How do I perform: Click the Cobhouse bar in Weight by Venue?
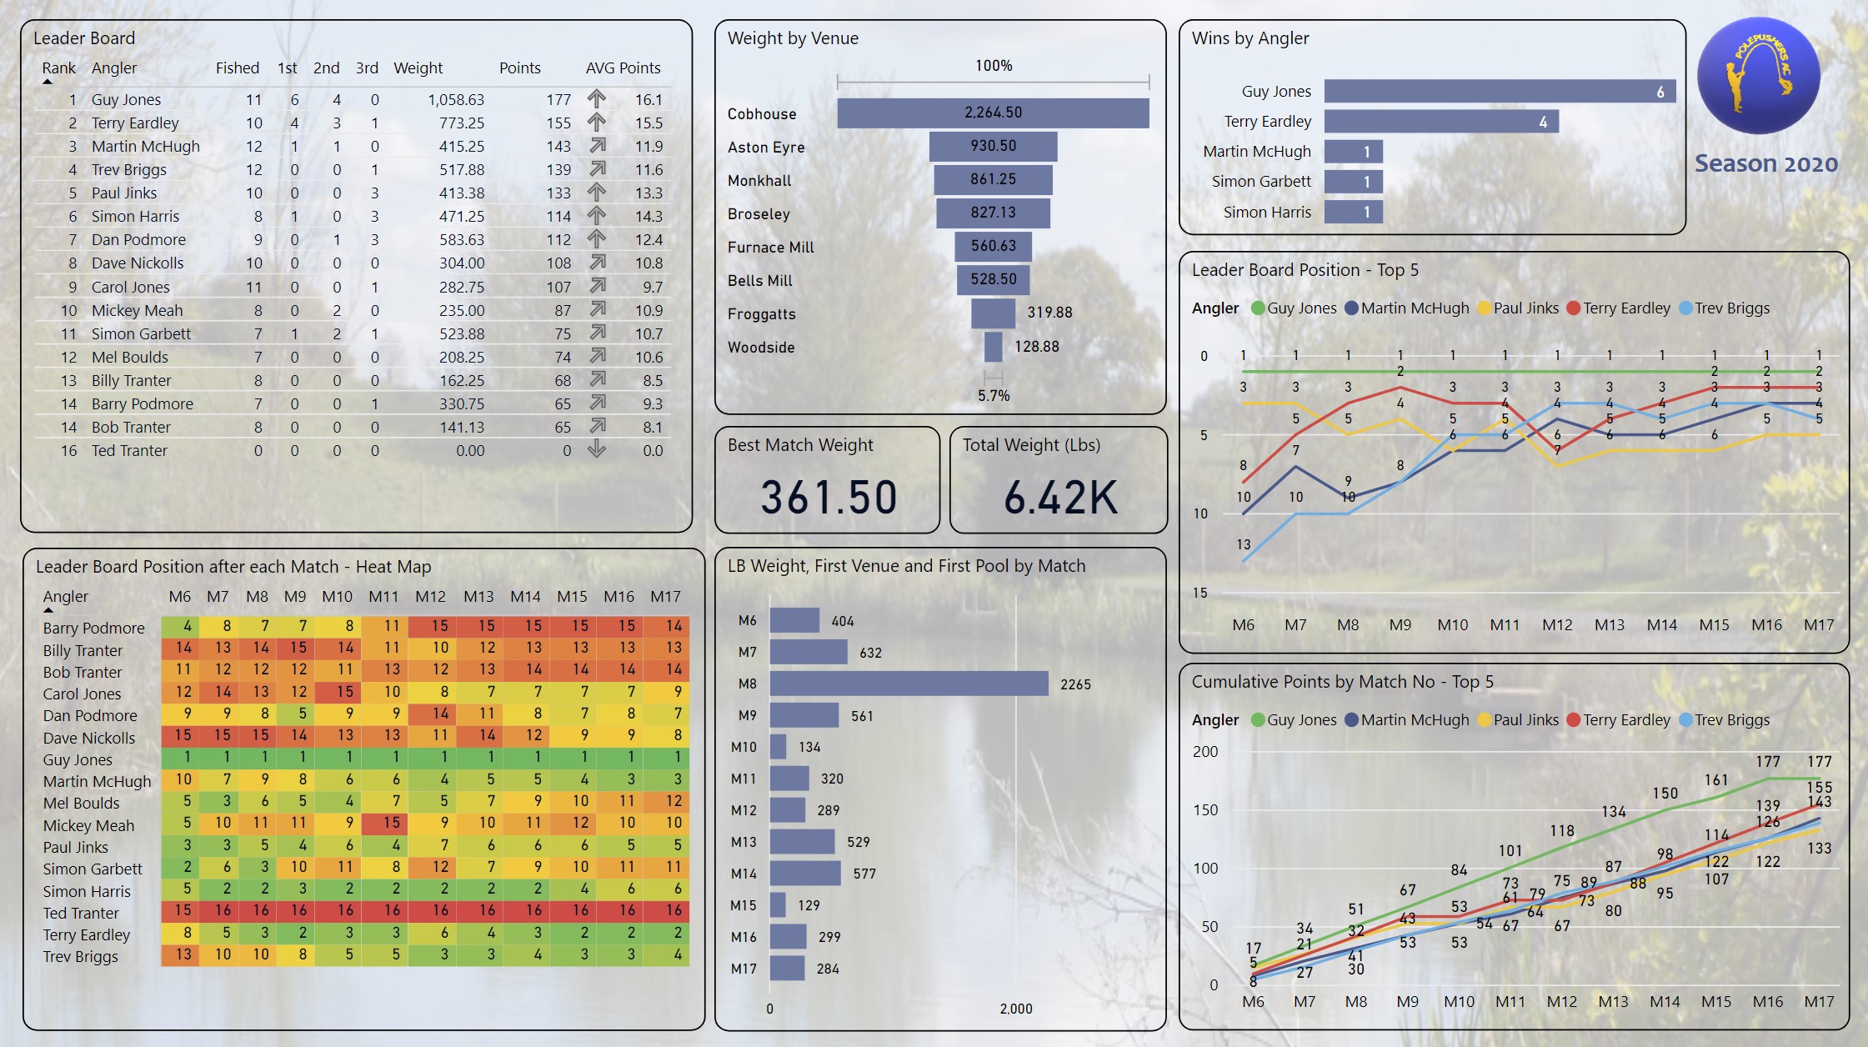coord(993,113)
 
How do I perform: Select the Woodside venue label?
coord(761,348)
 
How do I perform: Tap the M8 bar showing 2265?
coord(909,684)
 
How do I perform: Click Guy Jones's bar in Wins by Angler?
coord(1499,92)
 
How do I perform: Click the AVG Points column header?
coord(623,68)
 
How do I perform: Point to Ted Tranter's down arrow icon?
coord(596,450)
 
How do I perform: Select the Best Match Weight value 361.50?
coord(829,498)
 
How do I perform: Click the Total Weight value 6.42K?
coord(1060,498)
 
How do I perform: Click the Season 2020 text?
coord(1765,163)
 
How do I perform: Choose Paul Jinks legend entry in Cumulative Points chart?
coord(1525,720)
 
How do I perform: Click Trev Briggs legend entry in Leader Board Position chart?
coord(1731,308)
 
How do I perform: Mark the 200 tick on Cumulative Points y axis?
coord(1205,752)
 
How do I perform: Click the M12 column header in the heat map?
coord(430,597)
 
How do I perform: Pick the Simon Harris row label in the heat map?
coord(87,891)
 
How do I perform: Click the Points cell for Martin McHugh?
coord(558,146)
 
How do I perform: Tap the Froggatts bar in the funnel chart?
coord(993,313)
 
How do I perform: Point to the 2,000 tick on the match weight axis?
coord(1015,1009)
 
